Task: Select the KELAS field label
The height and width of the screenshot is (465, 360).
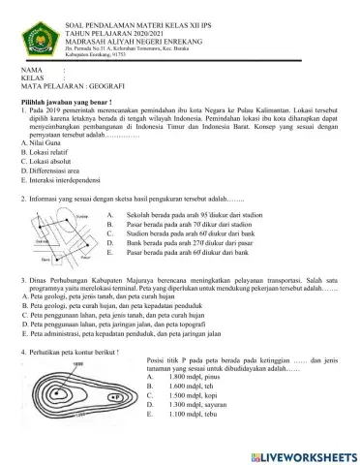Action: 32,77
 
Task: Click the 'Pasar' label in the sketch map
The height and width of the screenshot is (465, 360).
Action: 86,258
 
